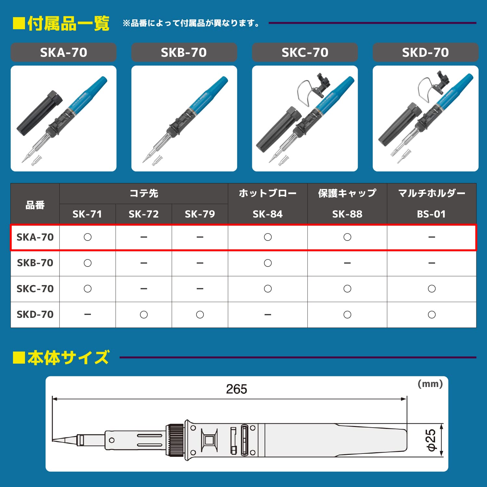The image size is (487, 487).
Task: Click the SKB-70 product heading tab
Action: pos(184,52)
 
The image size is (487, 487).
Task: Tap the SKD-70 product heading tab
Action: pos(425,52)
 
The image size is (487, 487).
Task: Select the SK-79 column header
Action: pos(200,214)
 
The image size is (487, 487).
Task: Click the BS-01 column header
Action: pos(431,214)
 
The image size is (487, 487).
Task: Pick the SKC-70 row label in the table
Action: pos(35,289)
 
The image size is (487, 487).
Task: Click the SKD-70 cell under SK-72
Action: pos(144,315)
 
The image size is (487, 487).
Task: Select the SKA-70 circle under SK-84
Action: pos(268,237)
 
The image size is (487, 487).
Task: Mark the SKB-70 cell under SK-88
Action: pos(347,263)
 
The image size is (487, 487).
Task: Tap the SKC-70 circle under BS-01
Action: pos(432,289)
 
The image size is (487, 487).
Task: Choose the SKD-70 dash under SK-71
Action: pos(88,314)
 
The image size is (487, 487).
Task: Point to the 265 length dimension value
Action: pos(236,389)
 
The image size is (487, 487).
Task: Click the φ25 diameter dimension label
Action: pos(431,440)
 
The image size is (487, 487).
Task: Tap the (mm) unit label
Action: pos(430,384)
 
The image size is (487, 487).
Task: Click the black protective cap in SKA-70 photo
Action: pos(39,114)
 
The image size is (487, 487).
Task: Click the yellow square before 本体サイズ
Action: pos(19,357)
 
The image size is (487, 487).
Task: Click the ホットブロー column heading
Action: pos(268,193)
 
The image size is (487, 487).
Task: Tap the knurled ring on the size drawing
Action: pos(175,440)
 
